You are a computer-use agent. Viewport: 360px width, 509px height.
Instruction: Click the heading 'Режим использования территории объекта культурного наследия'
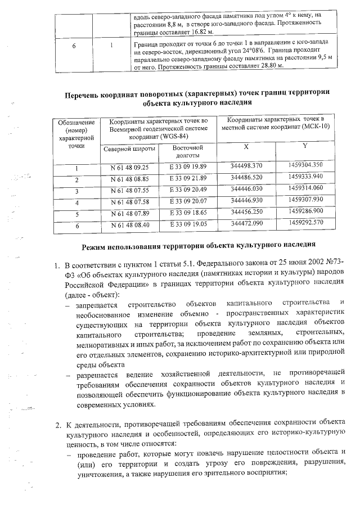coord(197,246)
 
